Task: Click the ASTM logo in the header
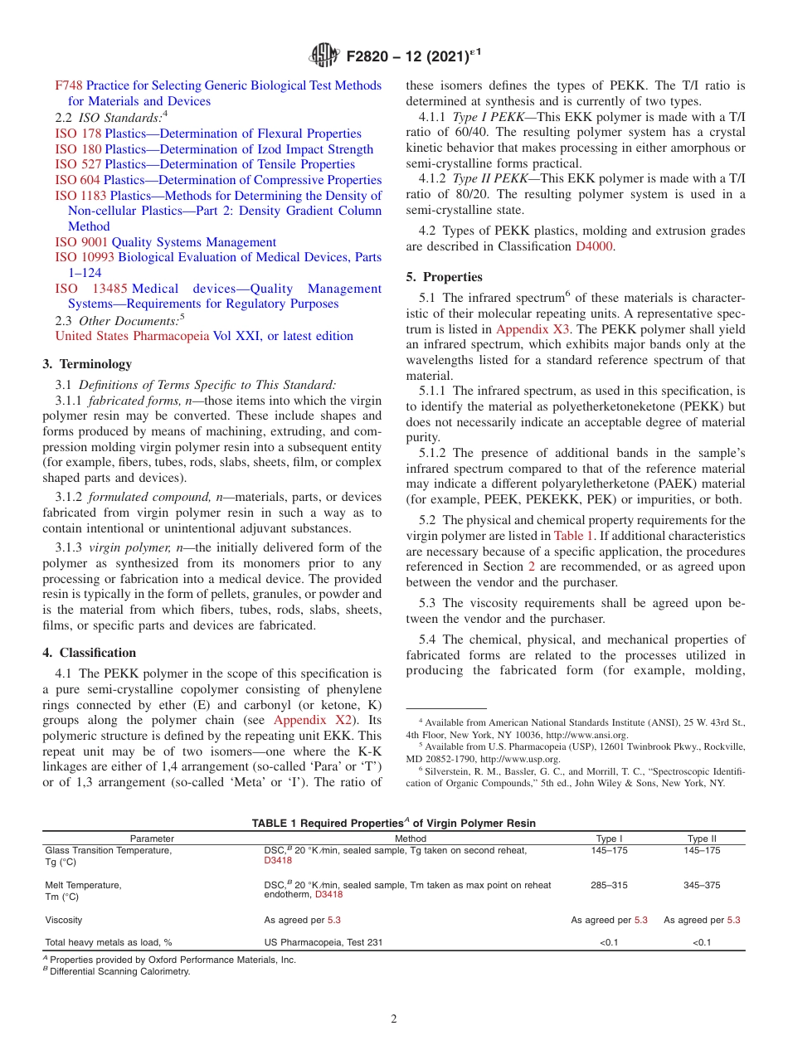pos(324,56)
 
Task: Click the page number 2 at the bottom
pos(394,1019)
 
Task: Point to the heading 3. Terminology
pos(87,363)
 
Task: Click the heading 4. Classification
pos(90,653)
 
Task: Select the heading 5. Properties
pos(444,277)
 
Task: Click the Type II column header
pos(702,839)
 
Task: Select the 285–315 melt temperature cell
pos(610,885)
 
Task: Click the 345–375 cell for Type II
pos(702,885)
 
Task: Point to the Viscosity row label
pos(64,920)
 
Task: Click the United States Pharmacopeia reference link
pos(132,336)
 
